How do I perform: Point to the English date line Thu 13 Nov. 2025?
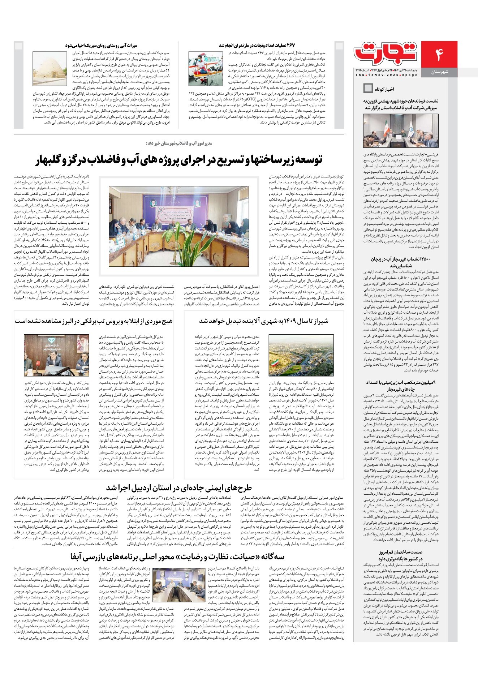(386, 75)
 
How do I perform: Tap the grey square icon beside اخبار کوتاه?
(368, 88)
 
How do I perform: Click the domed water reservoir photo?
(49, 68)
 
